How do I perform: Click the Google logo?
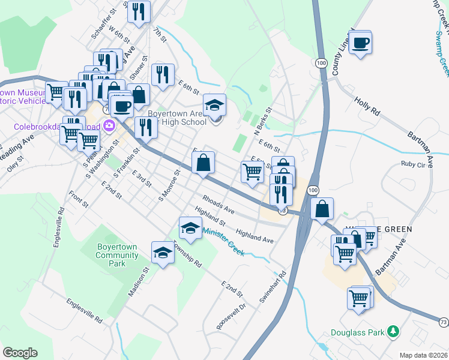(x=20, y=353)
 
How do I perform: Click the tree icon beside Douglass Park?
(x=394, y=331)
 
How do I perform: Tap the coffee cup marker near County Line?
(x=360, y=43)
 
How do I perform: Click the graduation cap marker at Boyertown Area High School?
(x=214, y=106)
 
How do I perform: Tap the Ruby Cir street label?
(x=412, y=164)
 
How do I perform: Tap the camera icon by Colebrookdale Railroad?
(x=110, y=125)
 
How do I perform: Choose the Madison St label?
(x=138, y=280)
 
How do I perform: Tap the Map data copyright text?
(x=423, y=355)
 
